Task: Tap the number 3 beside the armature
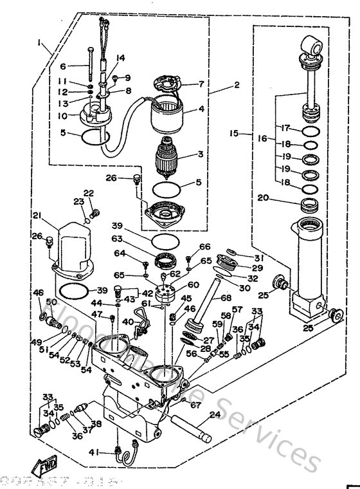[200, 154]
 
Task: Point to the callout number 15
[234, 134]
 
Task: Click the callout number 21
[37, 215]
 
